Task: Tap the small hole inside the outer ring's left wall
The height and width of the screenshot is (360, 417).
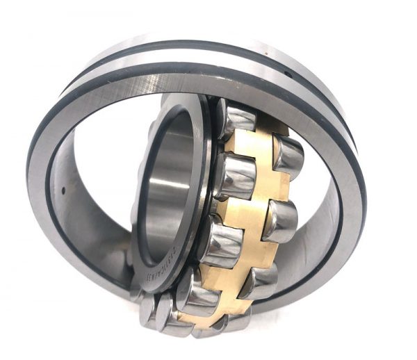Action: coord(63,188)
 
